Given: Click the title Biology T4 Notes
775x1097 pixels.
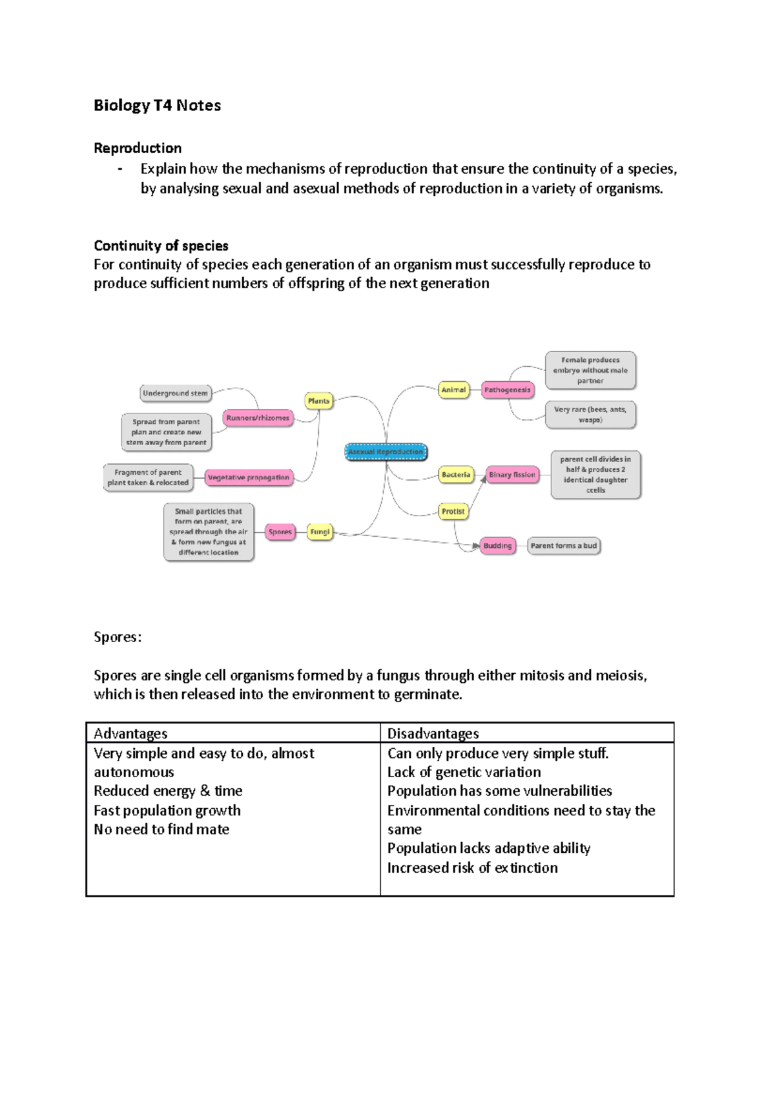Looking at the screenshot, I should (157, 105).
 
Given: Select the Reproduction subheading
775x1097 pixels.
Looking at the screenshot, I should (138, 148).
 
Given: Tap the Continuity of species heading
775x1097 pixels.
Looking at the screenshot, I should (161, 246).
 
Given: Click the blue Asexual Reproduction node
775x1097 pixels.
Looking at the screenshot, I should (386, 452).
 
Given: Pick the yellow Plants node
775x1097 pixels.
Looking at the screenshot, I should (318, 401).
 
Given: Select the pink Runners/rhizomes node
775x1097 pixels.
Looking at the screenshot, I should (258, 418).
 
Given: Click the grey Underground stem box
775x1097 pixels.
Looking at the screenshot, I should (175, 393).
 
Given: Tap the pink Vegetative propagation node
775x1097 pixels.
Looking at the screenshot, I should (249, 477).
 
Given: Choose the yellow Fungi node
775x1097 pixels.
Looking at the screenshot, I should (320, 532).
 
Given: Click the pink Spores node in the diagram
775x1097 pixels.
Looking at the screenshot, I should (280, 532).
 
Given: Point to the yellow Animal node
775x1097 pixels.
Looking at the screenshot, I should (453, 390).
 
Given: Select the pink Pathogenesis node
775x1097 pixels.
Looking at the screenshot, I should (507, 390).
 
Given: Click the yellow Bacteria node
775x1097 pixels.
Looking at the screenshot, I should (455, 474).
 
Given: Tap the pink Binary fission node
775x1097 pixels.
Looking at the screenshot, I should (512, 474).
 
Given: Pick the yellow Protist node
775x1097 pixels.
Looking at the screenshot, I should (453, 511).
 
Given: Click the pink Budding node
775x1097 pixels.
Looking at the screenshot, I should (497, 545).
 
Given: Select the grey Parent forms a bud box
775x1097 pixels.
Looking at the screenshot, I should (563, 545).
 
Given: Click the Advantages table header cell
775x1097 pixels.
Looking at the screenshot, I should (232, 733).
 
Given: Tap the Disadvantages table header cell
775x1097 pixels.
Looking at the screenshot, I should (526, 733).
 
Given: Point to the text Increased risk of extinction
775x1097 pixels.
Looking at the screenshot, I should (472, 868).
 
